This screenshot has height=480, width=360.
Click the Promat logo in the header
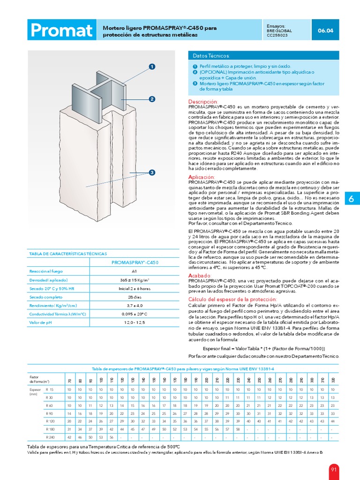(x=61, y=31)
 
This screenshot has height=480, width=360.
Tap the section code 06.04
(x=325, y=31)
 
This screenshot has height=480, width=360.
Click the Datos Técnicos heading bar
(x=263, y=55)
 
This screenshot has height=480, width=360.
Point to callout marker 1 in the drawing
(x=152, y=67)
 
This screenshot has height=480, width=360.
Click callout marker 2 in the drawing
(x=152, y=99)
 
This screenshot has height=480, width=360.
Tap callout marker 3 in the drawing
(x=152, y=173)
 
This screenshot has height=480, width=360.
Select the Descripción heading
(x=203, y=102)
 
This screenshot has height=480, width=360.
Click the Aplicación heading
(x=201, y=176)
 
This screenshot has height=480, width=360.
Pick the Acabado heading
(x=200, y=275)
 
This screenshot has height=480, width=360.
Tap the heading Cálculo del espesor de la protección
(x=232, y=299)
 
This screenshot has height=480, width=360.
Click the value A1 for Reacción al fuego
(x=134, y=271)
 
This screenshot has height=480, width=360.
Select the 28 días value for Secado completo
(x=134, y=297)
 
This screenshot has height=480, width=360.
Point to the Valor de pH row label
(x=40, y=322)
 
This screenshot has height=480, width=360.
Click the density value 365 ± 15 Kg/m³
(x=134, y=280)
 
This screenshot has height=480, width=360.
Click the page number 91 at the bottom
(x=334, y=469)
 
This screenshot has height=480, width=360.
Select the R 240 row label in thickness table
(x=50, y=437)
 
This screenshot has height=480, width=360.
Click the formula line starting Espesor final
(x=263, y=349)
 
